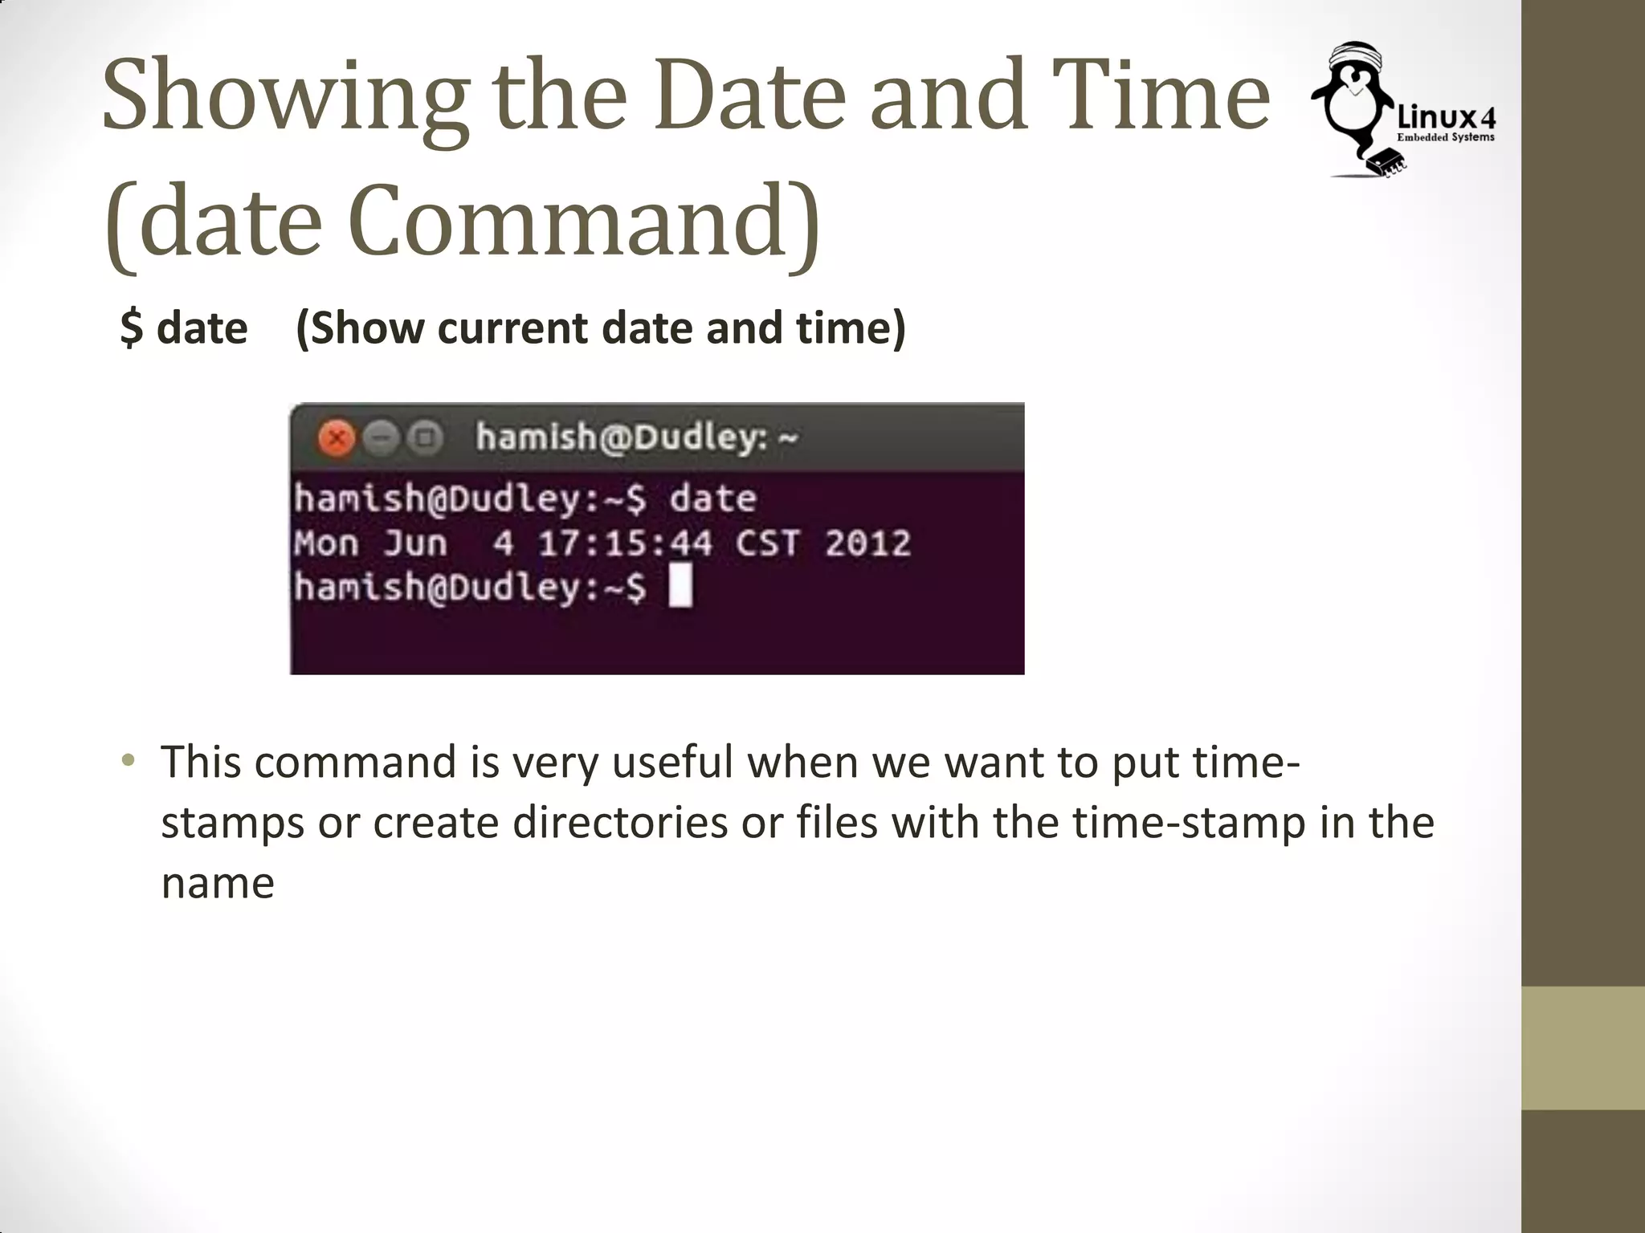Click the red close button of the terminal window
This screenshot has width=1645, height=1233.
pos(337,438)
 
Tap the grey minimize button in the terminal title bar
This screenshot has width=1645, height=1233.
pos(381,438)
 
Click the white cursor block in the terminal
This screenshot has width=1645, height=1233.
pos(680,586)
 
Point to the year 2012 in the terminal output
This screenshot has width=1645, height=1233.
pos(867,543)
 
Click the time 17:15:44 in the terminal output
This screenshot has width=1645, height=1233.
pos(625,543)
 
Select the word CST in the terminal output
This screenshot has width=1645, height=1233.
pos(767,543)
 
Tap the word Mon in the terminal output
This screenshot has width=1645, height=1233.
pos(326,543)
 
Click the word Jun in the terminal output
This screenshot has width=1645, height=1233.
pos(414,543)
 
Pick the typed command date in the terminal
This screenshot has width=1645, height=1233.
pos(712,498)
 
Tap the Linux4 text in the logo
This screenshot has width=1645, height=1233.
pos(1446,118)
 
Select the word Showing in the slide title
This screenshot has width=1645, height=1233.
pos(285,96)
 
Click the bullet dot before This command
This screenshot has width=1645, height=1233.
pos(128,760)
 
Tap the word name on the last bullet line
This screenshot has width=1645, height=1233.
pos(218,883)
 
